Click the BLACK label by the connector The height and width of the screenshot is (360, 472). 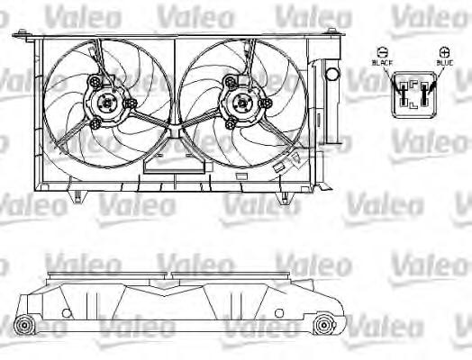point(382,63)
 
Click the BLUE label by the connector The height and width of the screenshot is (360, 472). point(445,63)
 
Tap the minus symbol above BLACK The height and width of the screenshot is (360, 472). point(382,52)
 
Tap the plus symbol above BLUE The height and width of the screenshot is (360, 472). point(444,52)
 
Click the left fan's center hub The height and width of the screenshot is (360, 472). point(107,103)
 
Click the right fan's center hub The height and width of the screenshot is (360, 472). point(241,103)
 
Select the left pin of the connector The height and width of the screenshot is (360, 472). point(403,94)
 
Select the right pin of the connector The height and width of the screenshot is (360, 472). point(424,94)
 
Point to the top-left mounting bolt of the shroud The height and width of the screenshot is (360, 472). point(22,31)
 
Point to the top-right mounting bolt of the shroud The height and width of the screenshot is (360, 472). point(331,31)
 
